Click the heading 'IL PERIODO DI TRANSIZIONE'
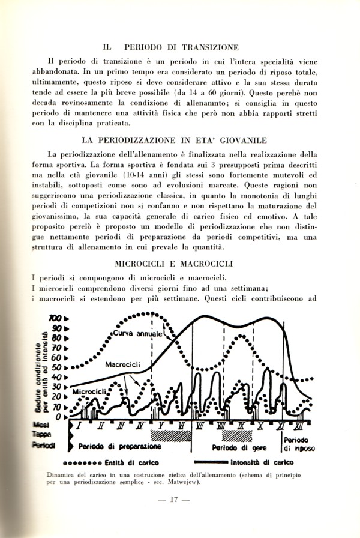[171, 46]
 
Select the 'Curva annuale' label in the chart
[138, 333]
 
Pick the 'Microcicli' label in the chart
[90, 392]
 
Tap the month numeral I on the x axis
[79, 426]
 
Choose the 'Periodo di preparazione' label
[118, 447]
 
